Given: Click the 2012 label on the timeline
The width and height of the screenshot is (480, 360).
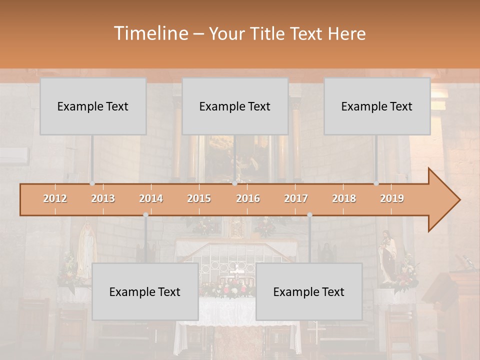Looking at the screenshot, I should [x=55, y=198].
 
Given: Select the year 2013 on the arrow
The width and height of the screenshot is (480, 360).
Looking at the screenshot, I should [x=103, y=198].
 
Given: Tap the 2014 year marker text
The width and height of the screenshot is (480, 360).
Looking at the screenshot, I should [x=151, y=198].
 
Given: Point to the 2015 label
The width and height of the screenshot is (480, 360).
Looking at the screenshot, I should [x=199, y=198].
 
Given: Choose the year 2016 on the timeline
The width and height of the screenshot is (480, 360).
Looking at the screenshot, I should [x=248, y=198].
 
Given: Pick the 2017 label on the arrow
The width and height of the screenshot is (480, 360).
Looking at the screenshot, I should [x=296, y=198].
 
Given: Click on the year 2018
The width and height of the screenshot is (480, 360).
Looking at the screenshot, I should [x=344, y=198].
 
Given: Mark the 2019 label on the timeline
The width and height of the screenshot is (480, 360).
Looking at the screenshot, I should [x=392, y=198].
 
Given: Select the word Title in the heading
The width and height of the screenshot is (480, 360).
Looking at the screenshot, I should [x=268, y=33].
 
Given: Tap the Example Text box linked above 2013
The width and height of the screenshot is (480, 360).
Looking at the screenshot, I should [x=93, y=106].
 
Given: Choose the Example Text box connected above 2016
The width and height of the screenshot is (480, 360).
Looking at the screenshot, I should [x=235, y=106].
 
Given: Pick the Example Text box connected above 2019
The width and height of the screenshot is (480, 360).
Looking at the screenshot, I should [x=377, y=106].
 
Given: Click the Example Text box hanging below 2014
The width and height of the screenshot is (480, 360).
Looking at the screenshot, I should [x=145, y=291].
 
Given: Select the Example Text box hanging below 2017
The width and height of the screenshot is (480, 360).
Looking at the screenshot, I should [x=309, y=291].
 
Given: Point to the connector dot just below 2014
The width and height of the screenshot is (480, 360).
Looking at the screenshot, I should [x=145, y=215].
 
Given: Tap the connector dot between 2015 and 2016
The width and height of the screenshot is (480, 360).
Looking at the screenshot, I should [x=235, y=183].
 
